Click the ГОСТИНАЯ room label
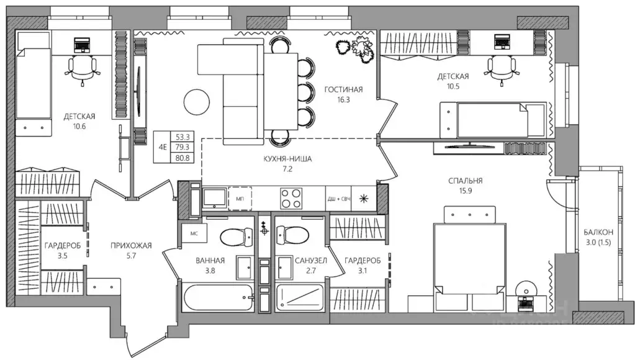[x=343, y=89]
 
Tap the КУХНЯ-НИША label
[x=287, y=159]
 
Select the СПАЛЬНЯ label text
[x=466, y=181]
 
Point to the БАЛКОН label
[x=598, y=232]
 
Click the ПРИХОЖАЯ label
[x=131, y=245]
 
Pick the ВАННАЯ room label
[x=210, y=261]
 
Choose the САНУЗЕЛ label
[x=310, y=261]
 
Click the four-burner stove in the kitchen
[x=290, y=199]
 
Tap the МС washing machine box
[x=194, y=233]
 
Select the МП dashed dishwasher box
[x=240, y=199]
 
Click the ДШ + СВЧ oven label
[x=339, y=199]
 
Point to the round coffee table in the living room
[x=197, y=102]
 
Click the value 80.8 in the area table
[x=182, y=158]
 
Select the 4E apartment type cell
[x=163, y=147]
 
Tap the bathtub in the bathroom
[x=218, y=298]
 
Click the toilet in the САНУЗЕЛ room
[x=292, y=235]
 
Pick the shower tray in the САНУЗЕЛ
[x=300, y=298]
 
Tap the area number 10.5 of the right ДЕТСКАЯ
[x=453, y=86]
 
